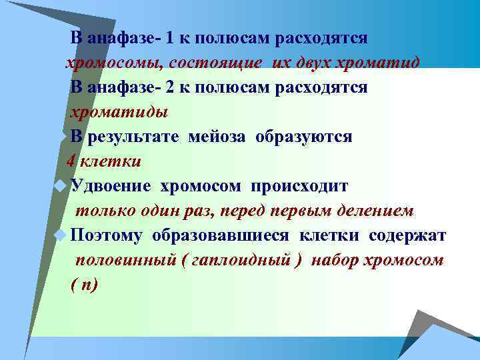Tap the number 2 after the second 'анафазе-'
[x=171, y=87]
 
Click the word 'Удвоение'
[x=109, y=186]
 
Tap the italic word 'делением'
[x=379, y=211]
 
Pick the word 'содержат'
[x=407, y=235]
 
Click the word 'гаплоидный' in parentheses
[x=242, y=261]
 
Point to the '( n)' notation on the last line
[x=84, y=285]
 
